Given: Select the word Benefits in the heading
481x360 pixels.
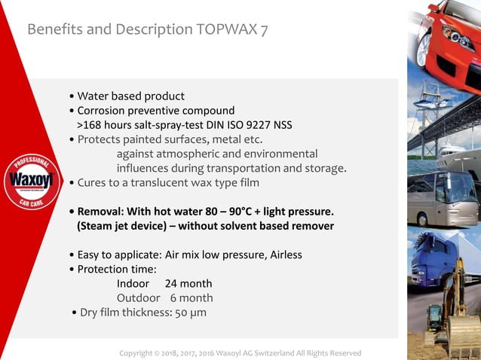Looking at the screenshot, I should coord(57,29).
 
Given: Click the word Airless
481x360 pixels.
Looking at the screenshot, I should coord(280,255).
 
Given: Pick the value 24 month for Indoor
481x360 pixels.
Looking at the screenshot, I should coord(188,283).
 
